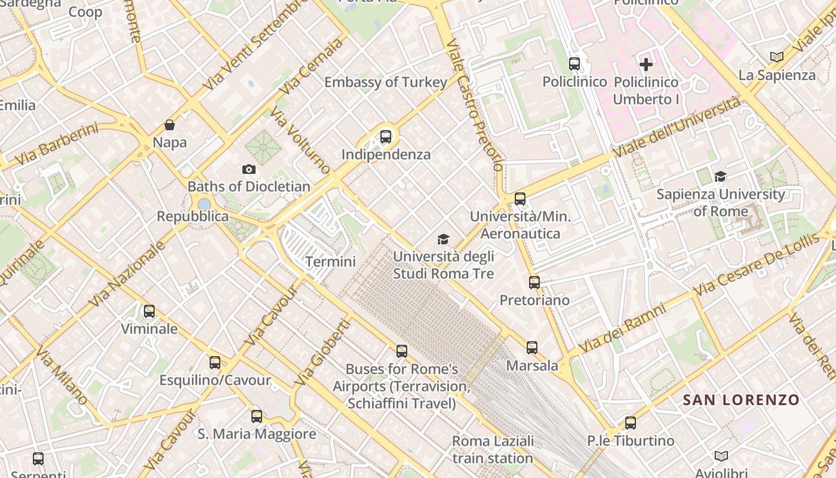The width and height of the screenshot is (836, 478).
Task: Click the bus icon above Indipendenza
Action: tap(386, 136)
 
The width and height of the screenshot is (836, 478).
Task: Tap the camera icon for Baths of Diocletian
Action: tap(249, 170)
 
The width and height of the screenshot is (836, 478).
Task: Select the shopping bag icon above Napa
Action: tap(170, 125)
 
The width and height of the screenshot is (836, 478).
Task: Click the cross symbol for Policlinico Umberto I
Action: tap(646, 64)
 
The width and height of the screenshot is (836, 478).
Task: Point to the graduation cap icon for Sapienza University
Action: tap(720, 176)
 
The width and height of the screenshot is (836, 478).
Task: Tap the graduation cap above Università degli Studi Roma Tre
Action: tap(443, 240)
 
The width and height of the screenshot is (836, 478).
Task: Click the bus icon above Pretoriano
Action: tap(534, 282)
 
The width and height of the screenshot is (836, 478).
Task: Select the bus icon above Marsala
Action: tap(532, 347)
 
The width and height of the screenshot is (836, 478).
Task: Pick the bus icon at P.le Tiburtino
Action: tap(631, 423)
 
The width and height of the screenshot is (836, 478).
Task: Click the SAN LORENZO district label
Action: tap(740, 400)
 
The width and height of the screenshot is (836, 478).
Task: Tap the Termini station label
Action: tap(330, 262)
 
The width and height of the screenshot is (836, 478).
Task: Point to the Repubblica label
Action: tap(192, 216)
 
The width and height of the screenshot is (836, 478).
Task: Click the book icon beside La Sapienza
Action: tap(776, 57)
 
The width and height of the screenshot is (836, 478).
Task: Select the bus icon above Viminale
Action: tap(149, 311)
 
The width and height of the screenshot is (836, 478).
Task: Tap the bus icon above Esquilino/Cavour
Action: tap(215, 362)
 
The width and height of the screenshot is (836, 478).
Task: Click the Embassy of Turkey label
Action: tap(385, 82)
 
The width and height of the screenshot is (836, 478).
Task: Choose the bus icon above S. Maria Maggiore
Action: tap(257, 416)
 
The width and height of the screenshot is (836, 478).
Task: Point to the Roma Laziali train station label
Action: tap(493, 450)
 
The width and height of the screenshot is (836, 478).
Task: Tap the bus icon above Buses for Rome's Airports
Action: tap(402, 351)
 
